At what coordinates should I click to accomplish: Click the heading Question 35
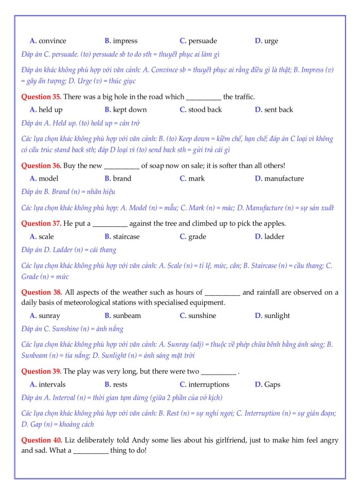pos(41,97)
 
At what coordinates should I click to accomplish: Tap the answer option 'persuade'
pos(203,41)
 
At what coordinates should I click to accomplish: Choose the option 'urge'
pos(271,41)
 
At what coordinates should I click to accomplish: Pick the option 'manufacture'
pos(284,179)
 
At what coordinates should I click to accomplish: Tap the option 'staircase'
pos(126,237)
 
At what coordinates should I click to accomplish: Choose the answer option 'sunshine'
pos(202,315)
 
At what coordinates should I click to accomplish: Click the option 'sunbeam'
pos(127,315)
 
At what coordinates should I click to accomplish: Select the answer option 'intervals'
pos(52,384)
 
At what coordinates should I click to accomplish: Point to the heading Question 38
pos(41,292)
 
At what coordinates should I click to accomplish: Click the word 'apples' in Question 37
pos(273,224)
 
